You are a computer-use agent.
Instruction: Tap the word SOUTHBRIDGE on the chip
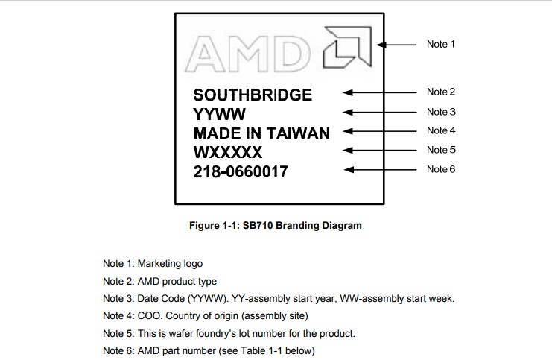253,95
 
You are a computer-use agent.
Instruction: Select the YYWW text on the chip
219,114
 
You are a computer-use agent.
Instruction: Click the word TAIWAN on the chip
298,133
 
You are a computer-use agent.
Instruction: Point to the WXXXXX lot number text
228,152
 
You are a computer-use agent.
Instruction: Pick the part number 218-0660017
241,171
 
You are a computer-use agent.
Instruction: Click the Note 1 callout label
441,44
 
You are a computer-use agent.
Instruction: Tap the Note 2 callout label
441,92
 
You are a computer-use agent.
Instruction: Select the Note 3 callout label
441,112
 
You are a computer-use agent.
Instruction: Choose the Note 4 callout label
441,130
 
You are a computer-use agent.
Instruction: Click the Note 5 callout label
441,150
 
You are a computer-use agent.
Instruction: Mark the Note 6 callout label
441,169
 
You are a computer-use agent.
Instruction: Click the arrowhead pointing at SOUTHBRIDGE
348,92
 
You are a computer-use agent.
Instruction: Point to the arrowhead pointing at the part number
349,170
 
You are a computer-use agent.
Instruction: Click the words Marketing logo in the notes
170,264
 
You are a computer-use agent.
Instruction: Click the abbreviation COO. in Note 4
150,315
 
